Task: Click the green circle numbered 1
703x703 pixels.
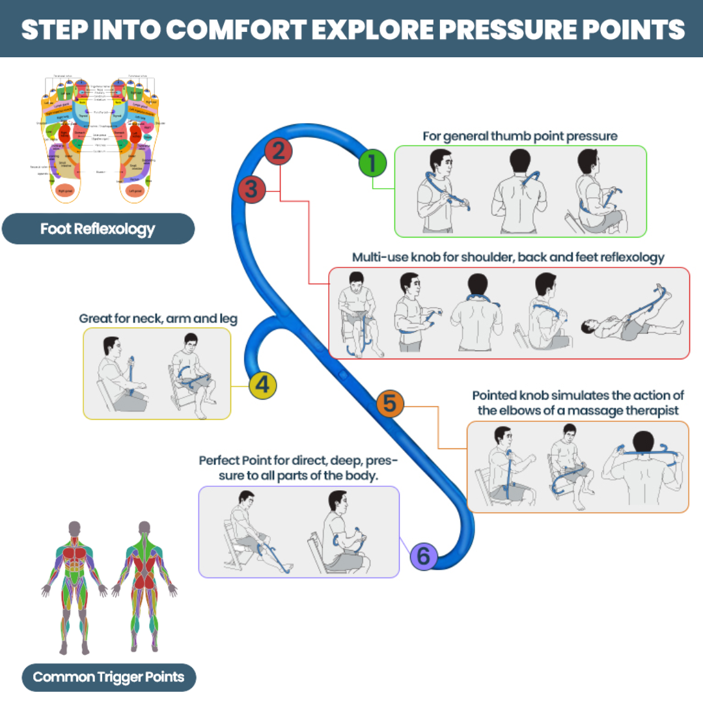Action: (372, 163)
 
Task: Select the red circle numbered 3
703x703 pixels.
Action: (252, 189)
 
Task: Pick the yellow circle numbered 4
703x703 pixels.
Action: (262, 385)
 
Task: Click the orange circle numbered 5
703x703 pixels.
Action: (389, 404)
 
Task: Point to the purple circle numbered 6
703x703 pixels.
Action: (423, 556)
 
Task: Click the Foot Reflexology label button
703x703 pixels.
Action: (98, 229)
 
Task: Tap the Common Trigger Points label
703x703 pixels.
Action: (109, 677)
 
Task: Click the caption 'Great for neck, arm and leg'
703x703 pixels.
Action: (158, 319)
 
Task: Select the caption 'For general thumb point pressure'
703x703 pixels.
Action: (520, 136)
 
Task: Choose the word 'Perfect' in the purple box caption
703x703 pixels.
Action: (220, 460)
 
